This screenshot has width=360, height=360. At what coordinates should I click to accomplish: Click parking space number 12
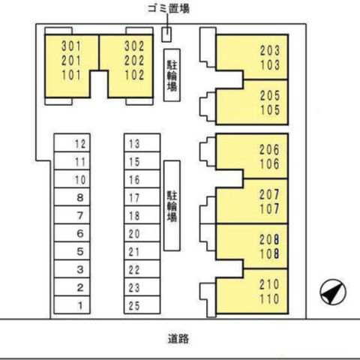72,142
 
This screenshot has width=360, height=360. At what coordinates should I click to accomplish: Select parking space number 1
72,304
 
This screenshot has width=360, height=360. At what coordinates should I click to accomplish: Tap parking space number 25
142,304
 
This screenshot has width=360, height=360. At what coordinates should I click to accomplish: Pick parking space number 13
142,142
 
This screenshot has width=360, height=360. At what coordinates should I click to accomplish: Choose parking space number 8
72,196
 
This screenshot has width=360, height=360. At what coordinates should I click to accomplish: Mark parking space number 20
142,232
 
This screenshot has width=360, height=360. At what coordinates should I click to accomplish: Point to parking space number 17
142,196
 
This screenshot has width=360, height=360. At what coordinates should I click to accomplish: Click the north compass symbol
333,292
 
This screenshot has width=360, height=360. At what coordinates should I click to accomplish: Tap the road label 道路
178,339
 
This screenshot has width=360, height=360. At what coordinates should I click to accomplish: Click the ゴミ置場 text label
169,8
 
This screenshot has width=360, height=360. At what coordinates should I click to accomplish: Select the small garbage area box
166,34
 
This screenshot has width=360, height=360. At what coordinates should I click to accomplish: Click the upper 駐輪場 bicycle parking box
172,75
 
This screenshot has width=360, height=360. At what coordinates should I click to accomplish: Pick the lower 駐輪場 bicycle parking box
172,205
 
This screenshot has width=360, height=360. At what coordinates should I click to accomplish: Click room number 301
71,46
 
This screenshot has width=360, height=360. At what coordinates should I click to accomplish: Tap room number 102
134,75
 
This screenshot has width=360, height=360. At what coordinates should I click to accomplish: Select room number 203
270,50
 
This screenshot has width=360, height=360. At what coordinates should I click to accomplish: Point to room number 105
270,109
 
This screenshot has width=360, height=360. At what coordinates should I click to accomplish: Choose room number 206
269,149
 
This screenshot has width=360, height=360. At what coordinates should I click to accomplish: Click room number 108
269,253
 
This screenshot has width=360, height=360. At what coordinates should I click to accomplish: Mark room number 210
269,284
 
